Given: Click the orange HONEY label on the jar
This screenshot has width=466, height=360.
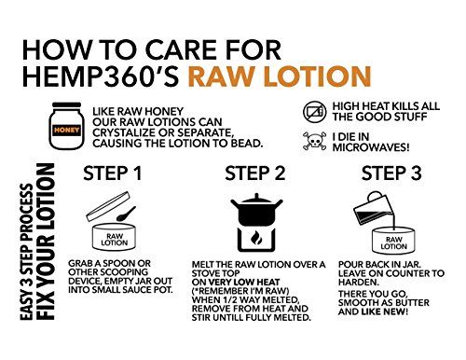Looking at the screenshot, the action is click(x=66, y=130).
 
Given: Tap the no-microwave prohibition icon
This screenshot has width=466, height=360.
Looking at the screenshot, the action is click(x=314, y=111).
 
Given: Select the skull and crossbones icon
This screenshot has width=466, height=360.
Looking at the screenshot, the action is click(x=315, y=141).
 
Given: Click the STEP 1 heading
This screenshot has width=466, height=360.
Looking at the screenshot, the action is click(x=113, y=173).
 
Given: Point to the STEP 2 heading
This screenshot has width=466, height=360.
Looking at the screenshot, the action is click(x=255, y=173).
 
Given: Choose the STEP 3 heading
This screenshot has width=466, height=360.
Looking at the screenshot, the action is click(x=391, y=173).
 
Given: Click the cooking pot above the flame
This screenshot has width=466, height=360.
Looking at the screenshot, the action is click(x=256, y=209).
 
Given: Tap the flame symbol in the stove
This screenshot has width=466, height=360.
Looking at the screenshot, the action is click(x=256, y=238).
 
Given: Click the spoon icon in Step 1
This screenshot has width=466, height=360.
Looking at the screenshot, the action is click(x=126, y=214).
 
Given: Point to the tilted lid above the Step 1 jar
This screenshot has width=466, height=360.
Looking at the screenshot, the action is click(x=107, y=206).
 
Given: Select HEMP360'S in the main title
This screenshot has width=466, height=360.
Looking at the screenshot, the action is click(x=101, y=76).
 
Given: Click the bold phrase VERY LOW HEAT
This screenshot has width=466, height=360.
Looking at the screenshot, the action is click(x=244, y=283).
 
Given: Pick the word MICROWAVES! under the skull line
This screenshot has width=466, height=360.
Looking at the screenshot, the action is click(x=371, y=147).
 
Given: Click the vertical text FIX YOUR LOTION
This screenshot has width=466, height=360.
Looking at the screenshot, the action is click(x=46, y=242).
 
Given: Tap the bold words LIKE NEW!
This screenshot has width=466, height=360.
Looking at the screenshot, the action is click(x=384, y=312).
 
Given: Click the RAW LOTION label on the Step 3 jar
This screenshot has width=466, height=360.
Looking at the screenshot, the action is click(x=393, y=243).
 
